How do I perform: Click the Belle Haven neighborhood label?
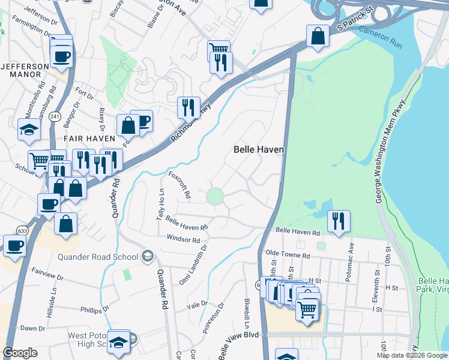[x=258, y=149]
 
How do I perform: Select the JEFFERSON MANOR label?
[x=25, y=70]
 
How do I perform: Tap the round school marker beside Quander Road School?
[x=147, y=257]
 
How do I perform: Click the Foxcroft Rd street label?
[x=179, y=186]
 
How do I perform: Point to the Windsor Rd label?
[x=183, y=240]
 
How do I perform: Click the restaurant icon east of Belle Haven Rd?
[x=339, y=220]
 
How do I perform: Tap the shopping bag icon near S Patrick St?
[x=318, y=36]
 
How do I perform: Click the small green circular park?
[x=215, y=196]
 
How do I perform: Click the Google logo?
[x=21, y=353]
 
